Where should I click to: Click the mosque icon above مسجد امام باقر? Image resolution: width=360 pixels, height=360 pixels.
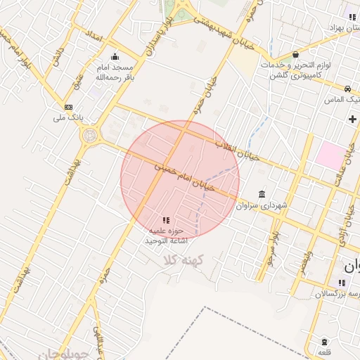(x=115, y=57)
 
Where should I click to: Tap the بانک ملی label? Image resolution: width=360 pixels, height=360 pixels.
(x=69, y=117)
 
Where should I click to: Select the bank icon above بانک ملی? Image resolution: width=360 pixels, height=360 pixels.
(x=68, y=107)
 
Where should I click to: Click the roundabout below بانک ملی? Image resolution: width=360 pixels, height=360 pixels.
(x=90, y=134)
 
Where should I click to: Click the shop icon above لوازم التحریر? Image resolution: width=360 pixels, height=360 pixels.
(x=295, y=55)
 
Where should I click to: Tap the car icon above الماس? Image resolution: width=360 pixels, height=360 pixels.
(x=348, y=89)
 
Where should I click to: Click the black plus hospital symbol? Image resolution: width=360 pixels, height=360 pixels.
(x=352, y=119)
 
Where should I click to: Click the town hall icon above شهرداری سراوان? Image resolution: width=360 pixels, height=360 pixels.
(x=262, y=194)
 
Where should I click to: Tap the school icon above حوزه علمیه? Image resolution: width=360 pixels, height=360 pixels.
(x=166, y=220)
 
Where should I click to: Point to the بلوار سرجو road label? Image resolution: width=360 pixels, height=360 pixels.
(x=271, y=247)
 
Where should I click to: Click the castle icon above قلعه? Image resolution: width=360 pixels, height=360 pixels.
(x=323, y=341)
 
